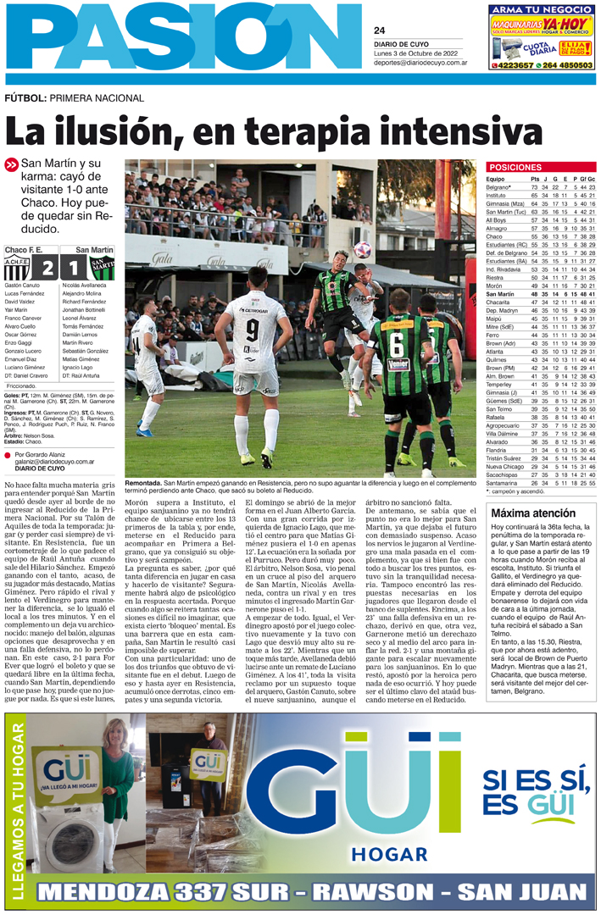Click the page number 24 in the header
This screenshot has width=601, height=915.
tap(379, 30)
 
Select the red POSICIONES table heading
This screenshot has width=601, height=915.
tap(515, 168)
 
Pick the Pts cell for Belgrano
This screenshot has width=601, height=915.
tap(535, 187)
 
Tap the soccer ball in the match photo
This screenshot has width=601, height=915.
tap(363, 249)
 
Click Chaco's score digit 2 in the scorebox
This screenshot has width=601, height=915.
tap(47, 268)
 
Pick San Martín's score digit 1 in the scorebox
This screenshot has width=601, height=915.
tap(74, 268)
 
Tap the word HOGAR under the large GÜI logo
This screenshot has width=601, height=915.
tap(387, 852)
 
